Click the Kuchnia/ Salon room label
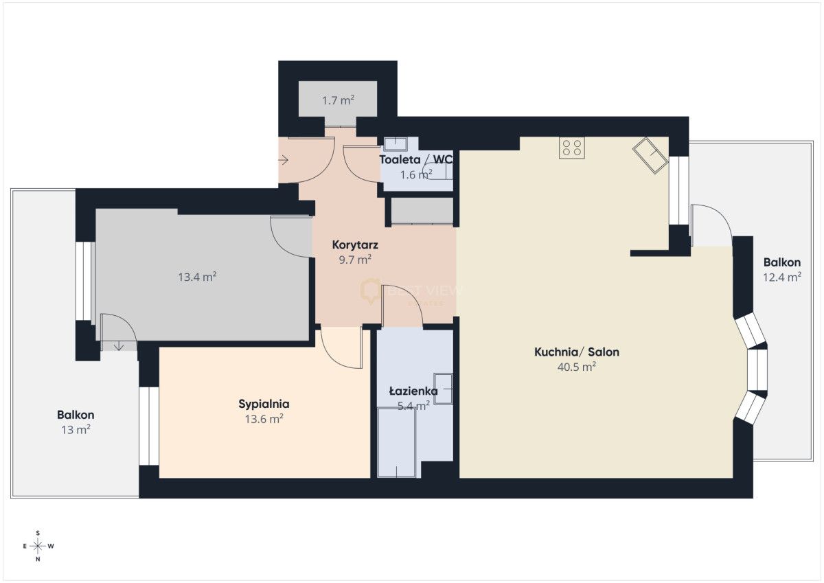(576, 352)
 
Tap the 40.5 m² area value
(576, 367)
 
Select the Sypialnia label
(264, 404)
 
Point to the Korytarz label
(355, 245)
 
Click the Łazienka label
(413, 391)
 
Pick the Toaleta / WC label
(416, 159)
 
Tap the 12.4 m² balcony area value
(782, 277)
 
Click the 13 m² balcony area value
(76, 430)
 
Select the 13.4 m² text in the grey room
(197, 277)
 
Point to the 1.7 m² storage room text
(338, 100)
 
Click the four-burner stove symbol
(571, 148)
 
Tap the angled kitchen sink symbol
(650, 155)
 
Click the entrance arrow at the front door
(284, 160)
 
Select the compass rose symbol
(38, 546)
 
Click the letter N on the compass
(38, 560)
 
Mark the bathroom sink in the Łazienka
(443, 389)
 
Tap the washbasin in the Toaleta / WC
(395, 144)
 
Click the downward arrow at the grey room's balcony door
(118, 346)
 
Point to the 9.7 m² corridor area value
(355, 260)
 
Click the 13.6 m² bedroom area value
(264, 419)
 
